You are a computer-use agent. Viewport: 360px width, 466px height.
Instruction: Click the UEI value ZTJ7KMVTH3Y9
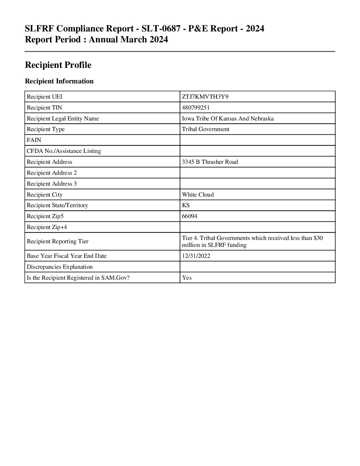[x=205, y=97]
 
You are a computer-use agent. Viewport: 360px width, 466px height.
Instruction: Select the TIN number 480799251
[x=196, y=108]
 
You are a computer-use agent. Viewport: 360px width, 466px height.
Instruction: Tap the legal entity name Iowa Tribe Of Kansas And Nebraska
[x=228, y=118]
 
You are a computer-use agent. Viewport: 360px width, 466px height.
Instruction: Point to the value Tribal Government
[x=205, y=129]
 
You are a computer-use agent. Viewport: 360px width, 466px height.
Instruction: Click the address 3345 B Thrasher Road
[x=210, y=162]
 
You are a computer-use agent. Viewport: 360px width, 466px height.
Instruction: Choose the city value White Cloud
[x=198, y=195]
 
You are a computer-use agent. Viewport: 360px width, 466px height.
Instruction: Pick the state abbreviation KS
[x=186, y=205]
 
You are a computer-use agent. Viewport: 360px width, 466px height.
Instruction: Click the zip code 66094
[x=190, y=216]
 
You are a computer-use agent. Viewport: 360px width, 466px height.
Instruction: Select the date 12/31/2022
[x=196, y=256]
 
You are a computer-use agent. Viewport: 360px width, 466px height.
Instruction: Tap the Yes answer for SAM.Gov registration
[x=187, y=278]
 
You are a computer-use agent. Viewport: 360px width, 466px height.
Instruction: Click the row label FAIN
[x=34, y=140]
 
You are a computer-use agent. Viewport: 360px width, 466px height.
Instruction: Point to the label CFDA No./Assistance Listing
[x=64, y=151]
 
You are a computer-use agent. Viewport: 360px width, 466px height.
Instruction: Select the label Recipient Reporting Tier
[x=58, y=241]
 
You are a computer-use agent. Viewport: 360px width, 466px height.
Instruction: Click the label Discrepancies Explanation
[x=60, y=267]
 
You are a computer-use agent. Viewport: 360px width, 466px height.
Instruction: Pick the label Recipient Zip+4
[x=47, y=227]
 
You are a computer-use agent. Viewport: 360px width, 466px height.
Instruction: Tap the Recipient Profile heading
[x=58, y=65]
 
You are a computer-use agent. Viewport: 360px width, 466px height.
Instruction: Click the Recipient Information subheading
[x=59, y=81]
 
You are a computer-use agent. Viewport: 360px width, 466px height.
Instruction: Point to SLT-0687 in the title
[x=161, y=29]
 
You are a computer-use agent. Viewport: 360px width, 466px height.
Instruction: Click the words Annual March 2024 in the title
[x=128, y=40]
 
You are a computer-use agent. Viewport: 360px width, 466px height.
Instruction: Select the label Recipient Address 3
[x=52, y=184]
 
